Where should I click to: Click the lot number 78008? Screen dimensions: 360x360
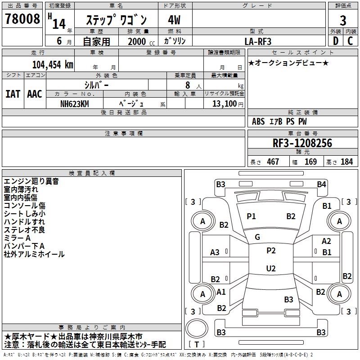tap(22, 19)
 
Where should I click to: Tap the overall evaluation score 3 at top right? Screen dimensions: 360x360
tap(343, 21)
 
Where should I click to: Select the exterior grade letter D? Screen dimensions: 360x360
tap(335, 41)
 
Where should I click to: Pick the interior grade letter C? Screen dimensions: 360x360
tap(350, 41)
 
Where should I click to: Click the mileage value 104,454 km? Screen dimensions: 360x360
tap(53, 64)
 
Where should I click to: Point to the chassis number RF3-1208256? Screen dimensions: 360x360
tap(302, 144)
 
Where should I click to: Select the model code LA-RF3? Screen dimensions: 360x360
tap(258, 41)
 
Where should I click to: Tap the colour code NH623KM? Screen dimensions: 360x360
tap(75, 103)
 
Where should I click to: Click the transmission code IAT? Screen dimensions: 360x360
tap(13, 94)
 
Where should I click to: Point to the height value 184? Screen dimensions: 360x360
tap(346, 162)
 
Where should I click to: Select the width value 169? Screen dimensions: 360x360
tap(310, 162)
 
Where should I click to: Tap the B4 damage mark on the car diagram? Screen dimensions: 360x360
tap(321, 184)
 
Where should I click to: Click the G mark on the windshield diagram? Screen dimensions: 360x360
tap(257, 237)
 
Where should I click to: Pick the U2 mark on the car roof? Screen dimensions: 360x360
tap(270, 268)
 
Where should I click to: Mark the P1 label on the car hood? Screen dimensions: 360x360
tap(251, 216)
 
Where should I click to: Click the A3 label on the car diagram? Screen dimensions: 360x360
tap(215, 252)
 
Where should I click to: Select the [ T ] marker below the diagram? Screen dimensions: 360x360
tap(197, 344)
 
